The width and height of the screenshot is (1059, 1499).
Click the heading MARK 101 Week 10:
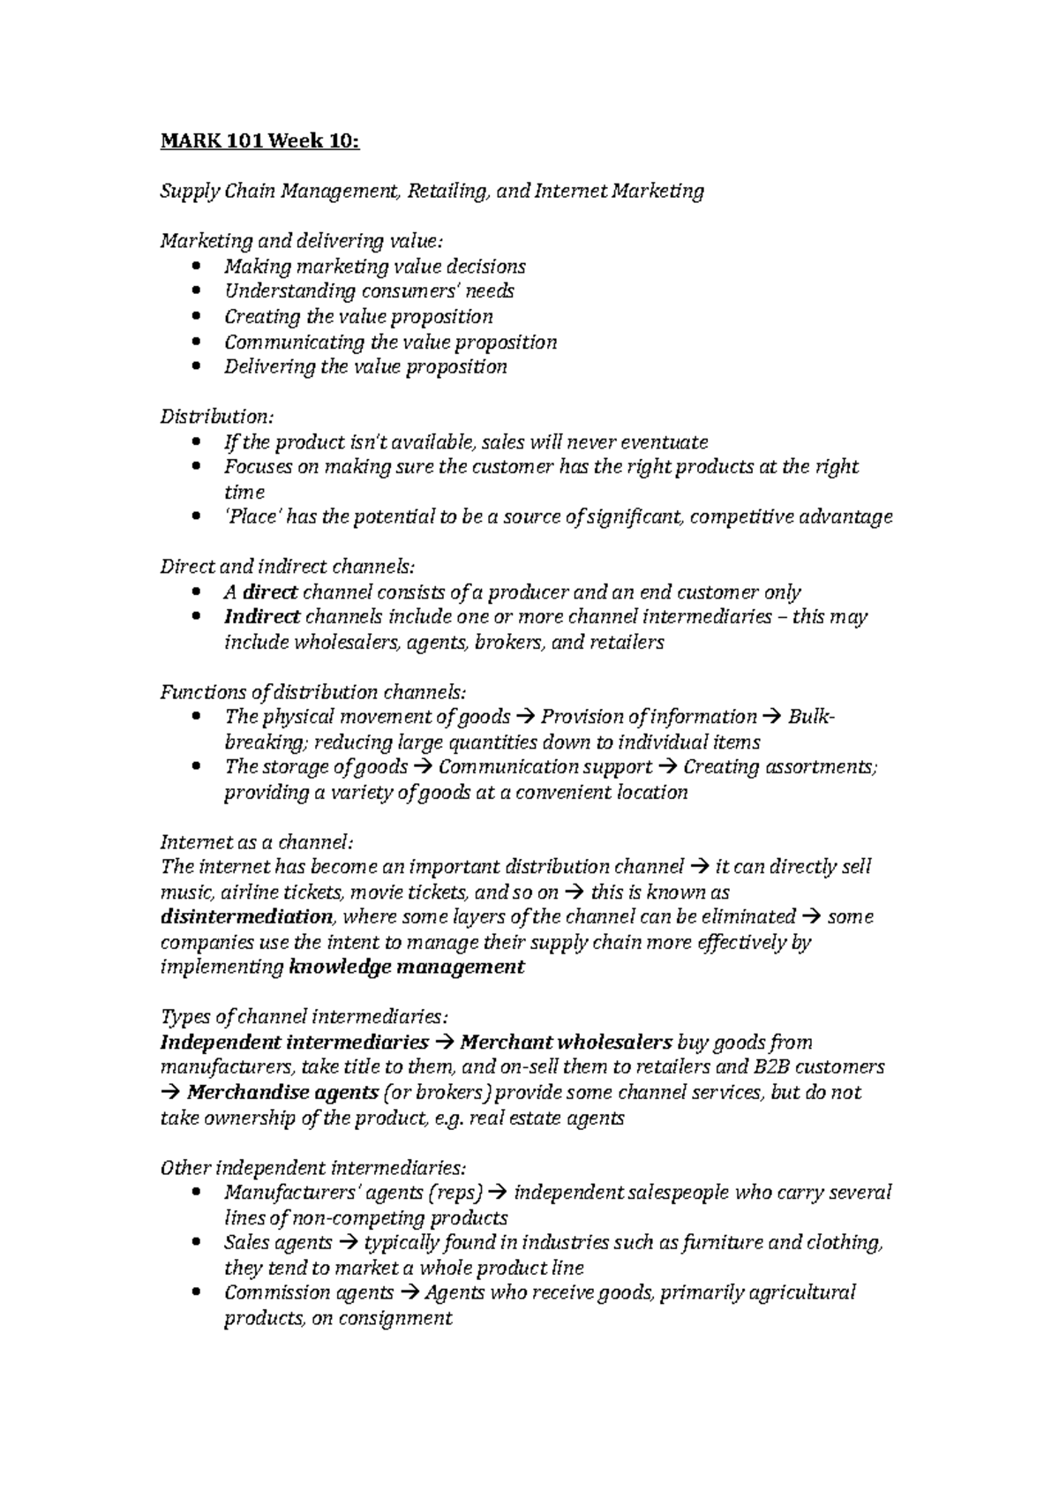click(259, 140)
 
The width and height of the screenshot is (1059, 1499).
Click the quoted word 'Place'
click(252, 516)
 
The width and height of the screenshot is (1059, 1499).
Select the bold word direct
click(270, 591)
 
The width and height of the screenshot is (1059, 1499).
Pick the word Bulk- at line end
click(810, 717)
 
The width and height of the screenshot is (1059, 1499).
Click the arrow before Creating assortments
click(667, 766)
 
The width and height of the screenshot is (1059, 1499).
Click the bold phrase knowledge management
click(407, 967)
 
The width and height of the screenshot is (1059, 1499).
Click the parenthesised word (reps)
click(454, 1193)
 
